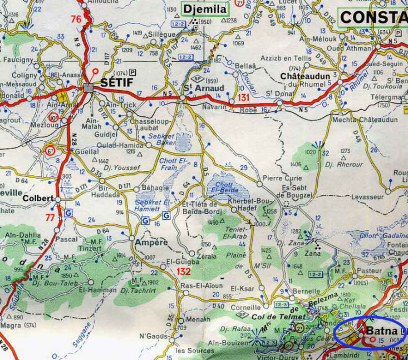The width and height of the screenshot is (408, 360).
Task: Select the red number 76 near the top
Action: [x=76, y=19]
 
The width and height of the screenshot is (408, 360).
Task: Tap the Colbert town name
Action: [x=38, y=198]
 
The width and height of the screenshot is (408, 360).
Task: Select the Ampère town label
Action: [x=149, y=243]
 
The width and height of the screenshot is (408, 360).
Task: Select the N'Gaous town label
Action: [x=154, y=336]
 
